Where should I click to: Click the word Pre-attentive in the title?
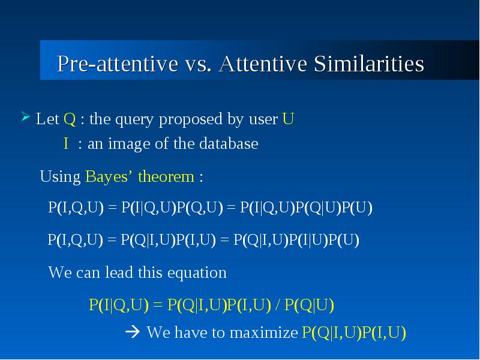(x=118, y=64)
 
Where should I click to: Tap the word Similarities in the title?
(x=369, y=64)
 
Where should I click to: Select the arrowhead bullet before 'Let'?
(x=26, y=116)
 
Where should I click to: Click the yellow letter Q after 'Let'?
(x=70, y=119)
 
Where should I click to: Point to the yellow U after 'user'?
(x=288, y=118)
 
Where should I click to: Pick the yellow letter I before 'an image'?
(x=66, y=143)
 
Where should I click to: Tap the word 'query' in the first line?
(x=134, y=119)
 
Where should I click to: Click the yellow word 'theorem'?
(x=166, y=176)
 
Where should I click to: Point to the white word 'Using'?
(x=61, y=177)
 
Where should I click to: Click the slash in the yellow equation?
(x=278, y=305)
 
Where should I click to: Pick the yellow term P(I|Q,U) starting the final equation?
(x=119, y=305)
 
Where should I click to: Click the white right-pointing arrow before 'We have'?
(x=133, y=332)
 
